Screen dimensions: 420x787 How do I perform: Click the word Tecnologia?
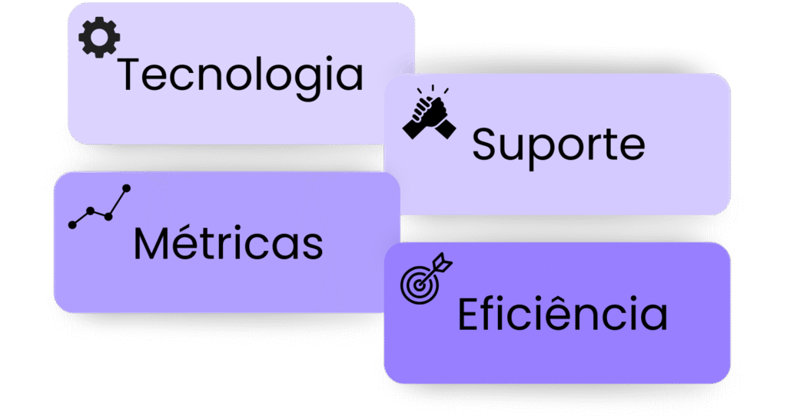point(240,76)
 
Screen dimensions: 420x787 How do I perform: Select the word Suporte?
point(559,144)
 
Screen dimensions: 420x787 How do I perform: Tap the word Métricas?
point(228,243)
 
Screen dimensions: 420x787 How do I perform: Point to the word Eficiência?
point(563,315)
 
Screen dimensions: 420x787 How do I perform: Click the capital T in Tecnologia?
point(134,75)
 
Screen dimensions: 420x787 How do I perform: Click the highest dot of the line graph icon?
point(127,188)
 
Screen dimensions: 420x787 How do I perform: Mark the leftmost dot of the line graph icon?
point(73,225)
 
